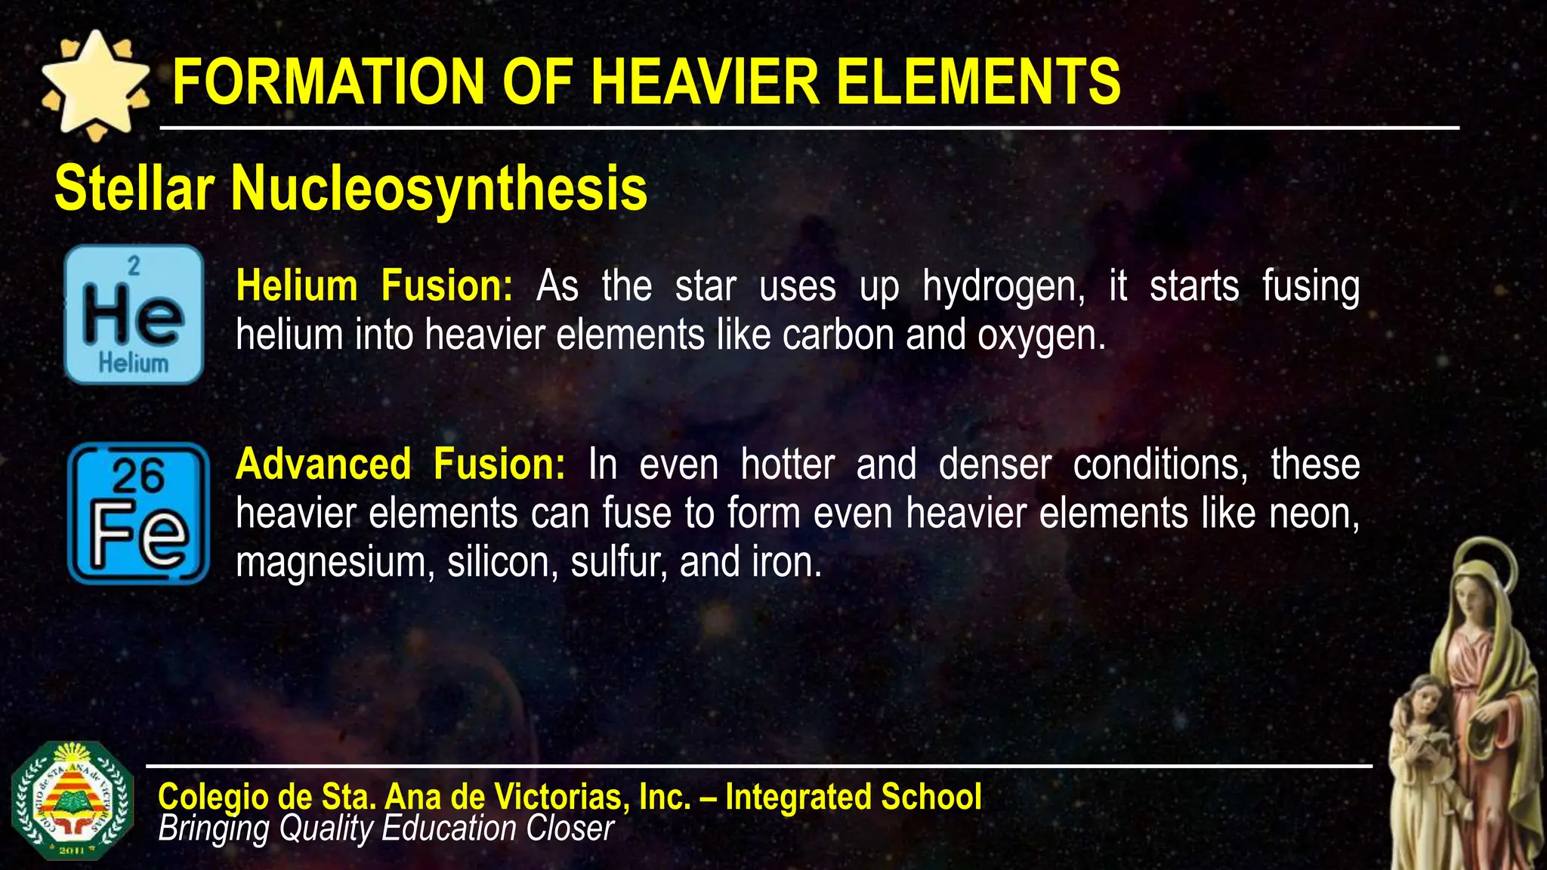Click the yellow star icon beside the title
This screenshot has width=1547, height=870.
coord(94,85)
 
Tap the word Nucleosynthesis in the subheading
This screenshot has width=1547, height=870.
coord(439,189)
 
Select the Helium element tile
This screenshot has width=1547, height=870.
coord(134,314)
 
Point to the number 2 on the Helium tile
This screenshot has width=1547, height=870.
coord(134,265)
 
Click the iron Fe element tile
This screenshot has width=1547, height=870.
coord(138,513)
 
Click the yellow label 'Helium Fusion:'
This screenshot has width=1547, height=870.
coord(374,286)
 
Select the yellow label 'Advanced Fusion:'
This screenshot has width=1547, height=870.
coord(400,464)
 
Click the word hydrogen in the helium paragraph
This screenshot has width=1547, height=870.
coord(1003,288)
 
